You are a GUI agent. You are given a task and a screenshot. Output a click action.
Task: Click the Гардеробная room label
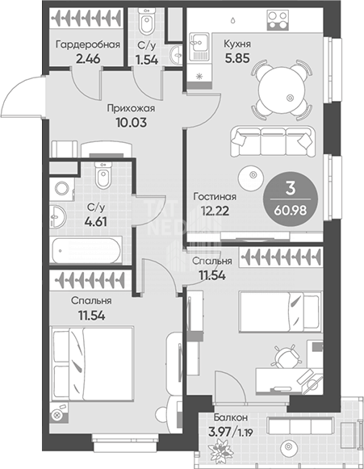coord(88,44)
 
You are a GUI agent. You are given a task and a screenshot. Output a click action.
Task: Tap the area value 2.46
coord(88,59)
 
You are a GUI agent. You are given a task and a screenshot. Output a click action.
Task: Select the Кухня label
coord(237,44)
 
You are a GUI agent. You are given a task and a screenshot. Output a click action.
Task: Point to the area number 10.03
coord(132,123)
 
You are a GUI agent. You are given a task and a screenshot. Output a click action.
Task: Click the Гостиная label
coord(215,197)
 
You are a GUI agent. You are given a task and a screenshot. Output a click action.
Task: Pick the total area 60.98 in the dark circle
coord(290,211)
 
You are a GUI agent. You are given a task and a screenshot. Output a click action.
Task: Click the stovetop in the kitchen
coord(278,19)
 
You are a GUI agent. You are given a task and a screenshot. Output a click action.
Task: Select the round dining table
coord(282,90)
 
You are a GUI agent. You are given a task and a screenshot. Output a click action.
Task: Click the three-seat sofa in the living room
coord(273,141)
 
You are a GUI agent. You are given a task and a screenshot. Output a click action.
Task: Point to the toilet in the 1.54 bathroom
coord(146,20)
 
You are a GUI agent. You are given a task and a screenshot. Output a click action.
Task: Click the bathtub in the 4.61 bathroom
coord(87,249)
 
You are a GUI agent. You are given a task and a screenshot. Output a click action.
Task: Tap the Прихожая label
coord(131,108)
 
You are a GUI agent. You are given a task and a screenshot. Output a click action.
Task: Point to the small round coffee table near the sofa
coord(251,178)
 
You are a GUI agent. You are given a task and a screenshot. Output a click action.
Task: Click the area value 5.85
coord(237,58)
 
